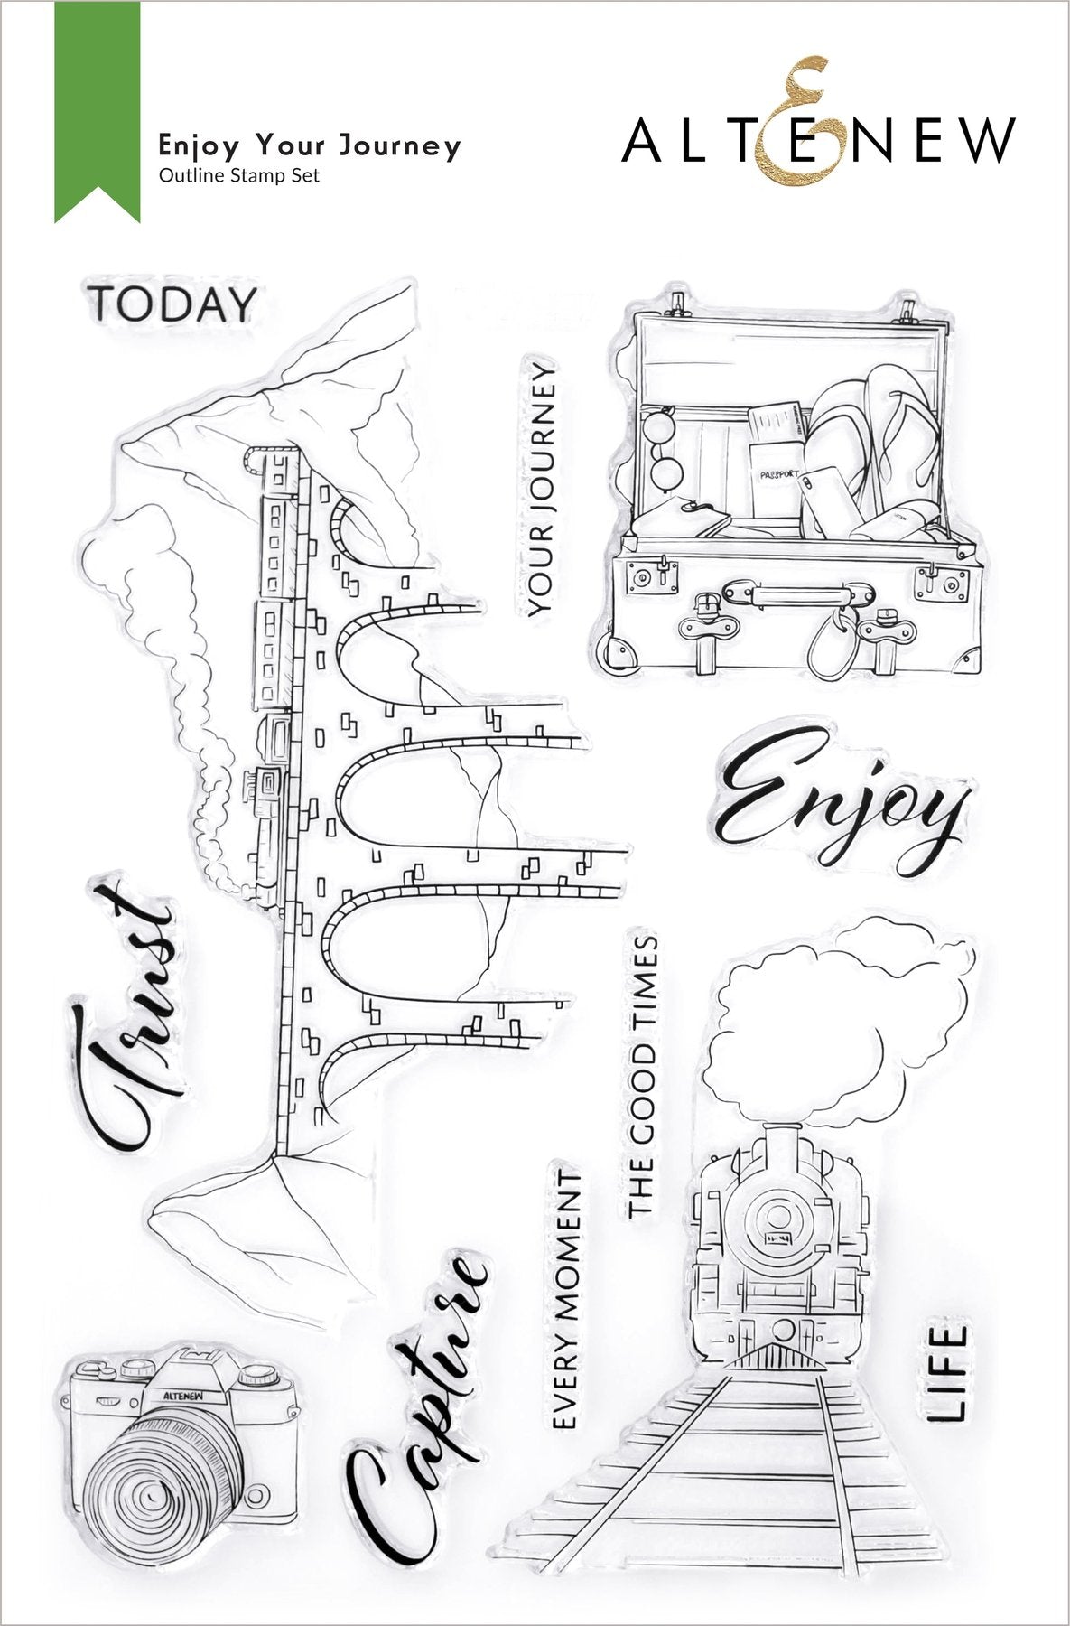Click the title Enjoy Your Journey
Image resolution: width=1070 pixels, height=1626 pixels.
(310, 145)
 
